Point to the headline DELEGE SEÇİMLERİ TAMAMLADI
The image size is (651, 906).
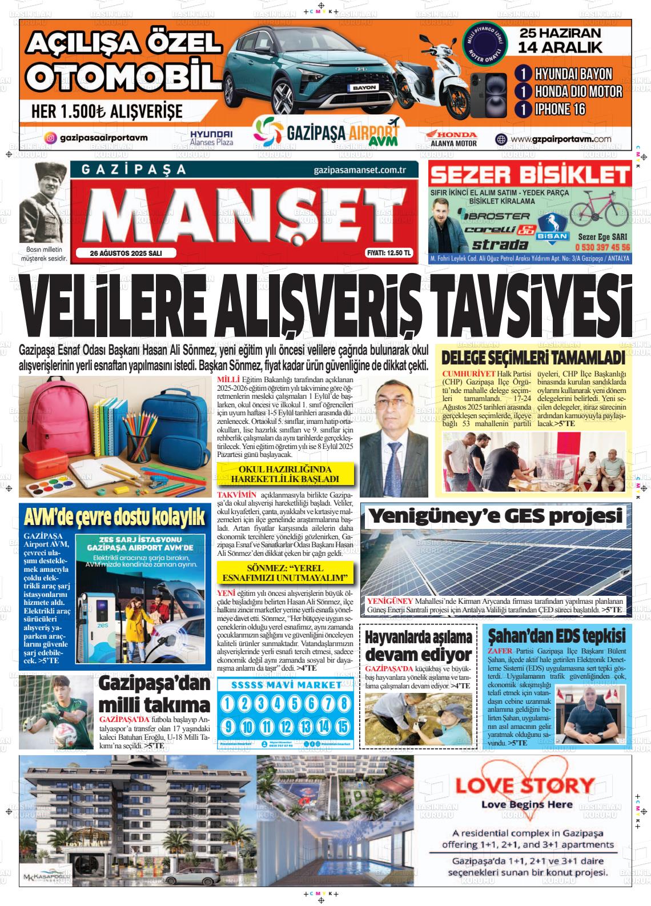(533, 358)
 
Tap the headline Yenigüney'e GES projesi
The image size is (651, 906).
(495, 516)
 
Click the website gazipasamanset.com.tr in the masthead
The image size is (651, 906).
(359, 170)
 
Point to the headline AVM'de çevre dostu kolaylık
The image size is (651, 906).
(115, 517)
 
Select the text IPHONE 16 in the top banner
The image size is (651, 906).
(560, 109)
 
